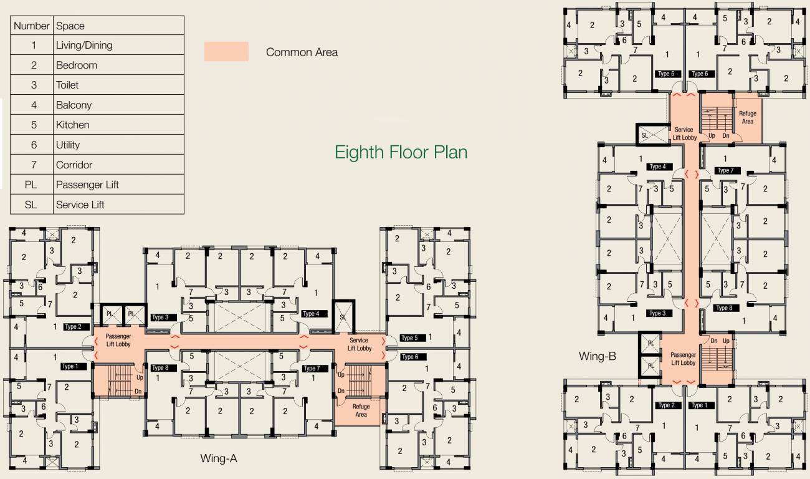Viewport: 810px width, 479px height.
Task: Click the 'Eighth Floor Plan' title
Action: (401, 152)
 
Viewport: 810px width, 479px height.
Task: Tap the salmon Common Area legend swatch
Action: (226, 52)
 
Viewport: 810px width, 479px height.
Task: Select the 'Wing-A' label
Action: (218, 458)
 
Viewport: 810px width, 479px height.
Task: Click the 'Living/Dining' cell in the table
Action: (84, 46)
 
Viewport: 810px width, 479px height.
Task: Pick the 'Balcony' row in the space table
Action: (74, 105)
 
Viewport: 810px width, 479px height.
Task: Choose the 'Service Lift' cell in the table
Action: (80, 205)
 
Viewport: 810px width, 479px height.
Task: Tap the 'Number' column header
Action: (31, 26)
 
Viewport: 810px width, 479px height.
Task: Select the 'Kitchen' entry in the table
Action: (73, 125)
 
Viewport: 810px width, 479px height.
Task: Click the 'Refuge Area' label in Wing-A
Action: (361, 410)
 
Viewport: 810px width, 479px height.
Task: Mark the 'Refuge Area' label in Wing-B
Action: (748, 117)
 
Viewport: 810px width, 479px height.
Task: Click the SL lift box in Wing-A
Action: (343, 317)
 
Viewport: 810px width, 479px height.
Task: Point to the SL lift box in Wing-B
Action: (644, 134)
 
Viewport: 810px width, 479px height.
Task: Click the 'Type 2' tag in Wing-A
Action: (74, 327)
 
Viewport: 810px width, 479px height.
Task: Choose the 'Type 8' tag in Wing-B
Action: (724, 308)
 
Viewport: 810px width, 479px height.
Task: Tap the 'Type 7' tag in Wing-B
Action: (725, 170)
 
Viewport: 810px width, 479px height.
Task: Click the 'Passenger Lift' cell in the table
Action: (87, 185)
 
